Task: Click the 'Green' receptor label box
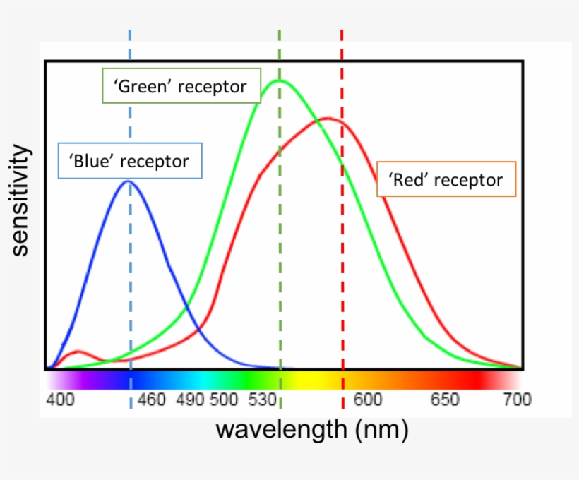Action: (x=181, y=86)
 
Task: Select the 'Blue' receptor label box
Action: (x=130, y=160)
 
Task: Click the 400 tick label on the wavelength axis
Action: (x=61, y=400)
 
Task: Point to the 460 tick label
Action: (x=151, y=400)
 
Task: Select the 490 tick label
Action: (x=190, y=400)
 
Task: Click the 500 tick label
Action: (x=224, y=400)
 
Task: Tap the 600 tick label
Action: (x=368, y=400)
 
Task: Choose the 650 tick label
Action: (x=444, y=400)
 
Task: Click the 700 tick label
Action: (x=517, y=400)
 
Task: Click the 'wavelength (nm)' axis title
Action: (x=311, y=428)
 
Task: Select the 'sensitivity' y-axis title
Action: (x=21, y=200)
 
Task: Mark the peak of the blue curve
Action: (x=129, y=181)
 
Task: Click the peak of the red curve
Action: (x=326, y=118)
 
